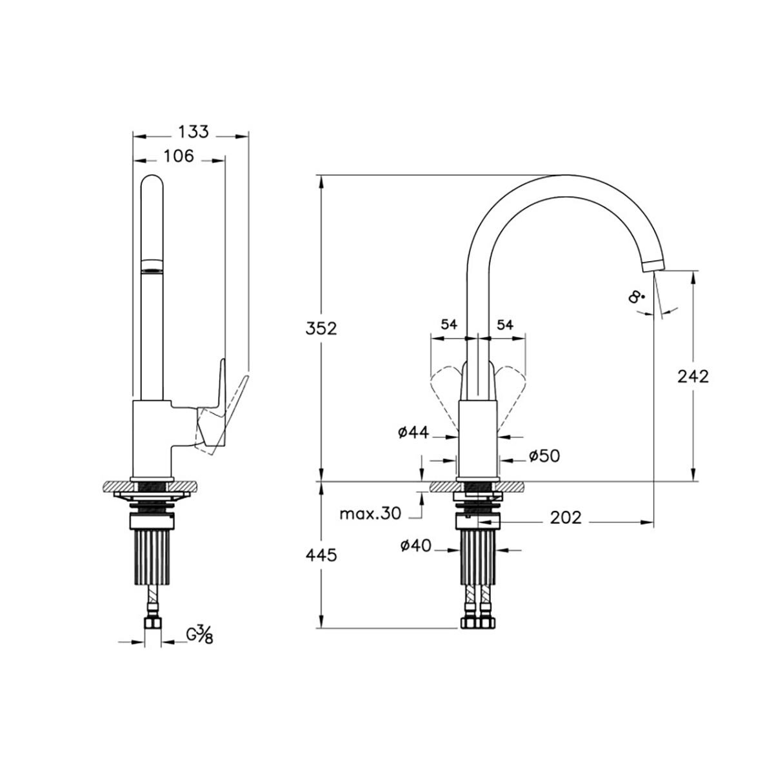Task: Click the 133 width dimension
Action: click(193, 132)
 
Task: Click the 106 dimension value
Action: click(178, 156)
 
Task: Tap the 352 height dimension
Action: click(321, 328)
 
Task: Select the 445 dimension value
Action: click(321, 555)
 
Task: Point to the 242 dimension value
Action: click(693, 377)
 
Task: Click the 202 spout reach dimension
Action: click(566, 518)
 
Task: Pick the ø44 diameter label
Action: click(413, 432)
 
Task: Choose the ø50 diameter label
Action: click(544, 456)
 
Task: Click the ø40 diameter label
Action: click(415, 546)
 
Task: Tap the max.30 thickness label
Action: click(370, 513)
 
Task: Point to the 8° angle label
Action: click(637, 297)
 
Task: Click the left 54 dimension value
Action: click(449, 324)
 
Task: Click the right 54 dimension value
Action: click(505, 324)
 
